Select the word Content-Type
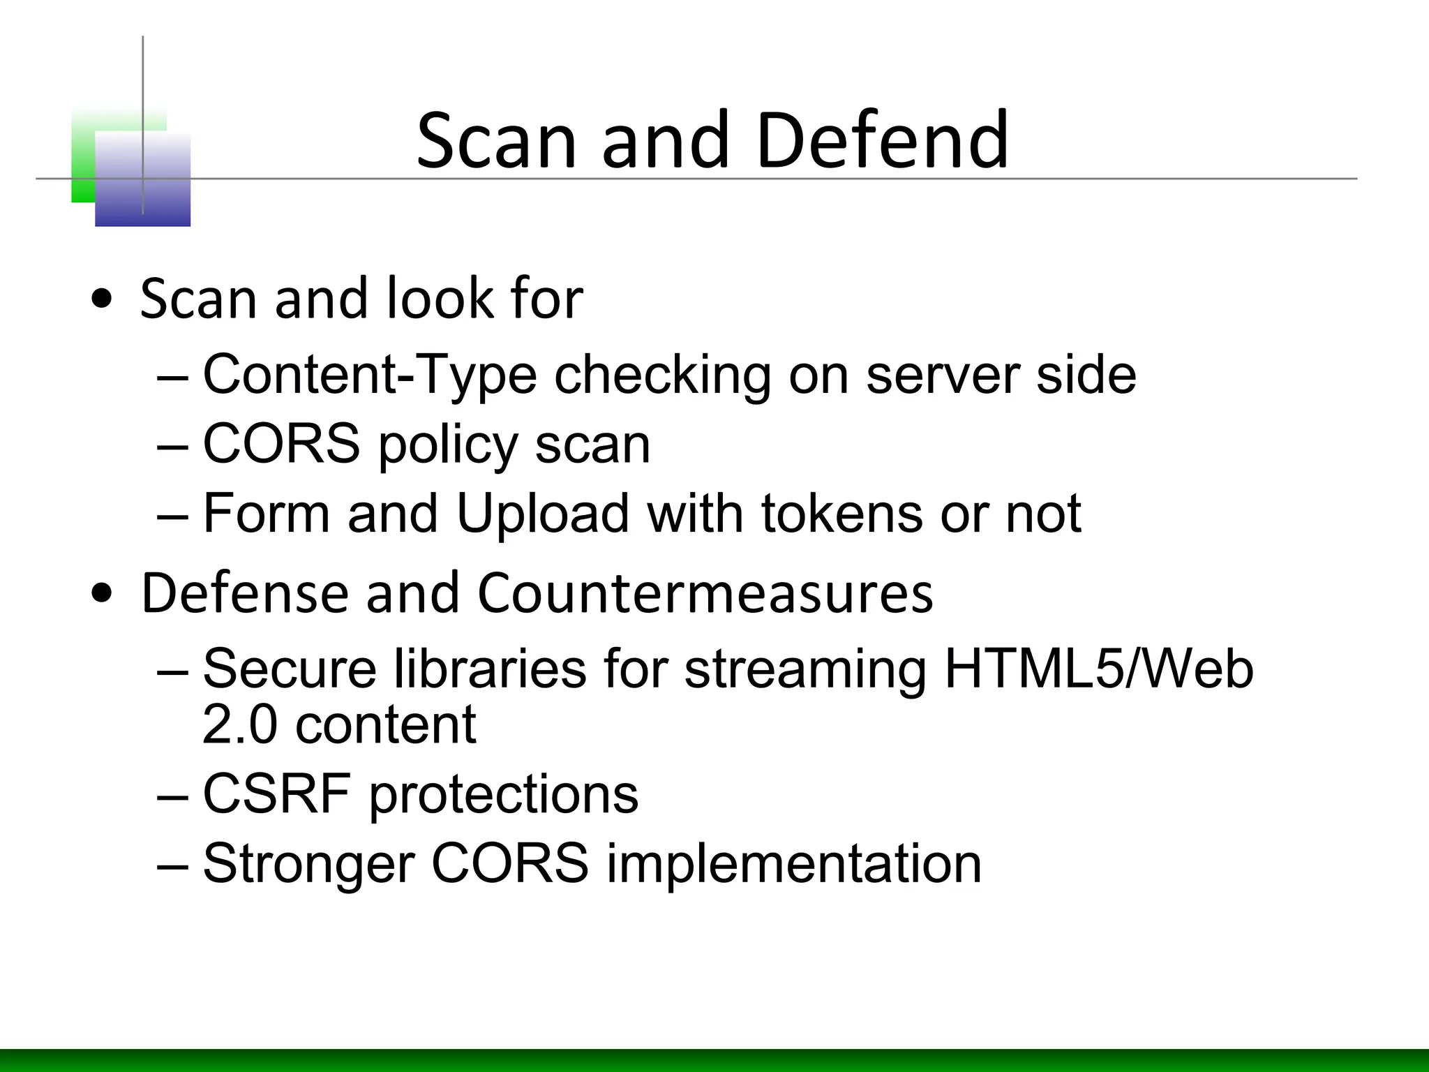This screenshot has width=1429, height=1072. [x=370, y=375]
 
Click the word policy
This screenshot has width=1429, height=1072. [x=447, y=445]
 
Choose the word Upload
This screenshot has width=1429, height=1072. [x=542, y=514]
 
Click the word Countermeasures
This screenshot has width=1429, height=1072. [x=705, y=593]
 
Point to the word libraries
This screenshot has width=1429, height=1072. [x=490, y=669]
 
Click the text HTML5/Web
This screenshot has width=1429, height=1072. [x=1098, y=669]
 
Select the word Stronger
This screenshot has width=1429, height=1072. [x=308, y=864]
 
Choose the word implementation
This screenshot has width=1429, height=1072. [x=793, y=864]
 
